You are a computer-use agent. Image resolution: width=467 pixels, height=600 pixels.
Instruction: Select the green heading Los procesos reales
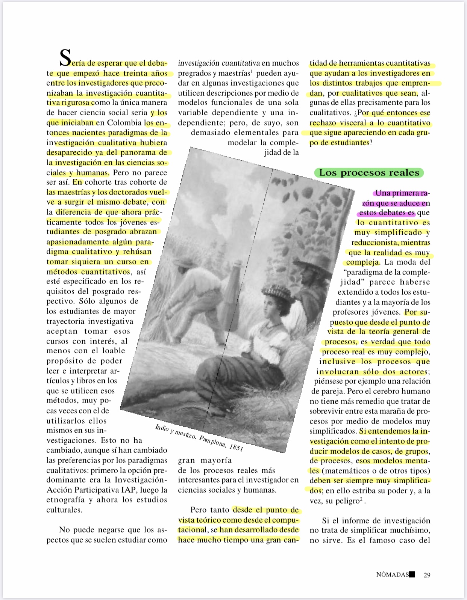coord(369,173)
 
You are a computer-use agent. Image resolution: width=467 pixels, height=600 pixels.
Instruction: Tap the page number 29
coord(427,575)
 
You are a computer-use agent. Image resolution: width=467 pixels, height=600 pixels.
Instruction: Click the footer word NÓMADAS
coord(392,575)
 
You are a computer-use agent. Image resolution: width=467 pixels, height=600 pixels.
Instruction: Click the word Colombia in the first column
coord(124,123)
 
